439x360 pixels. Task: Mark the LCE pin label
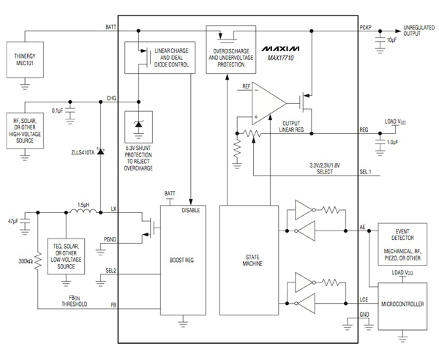coord(364,300)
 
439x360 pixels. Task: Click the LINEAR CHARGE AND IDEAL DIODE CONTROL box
coord(159,58)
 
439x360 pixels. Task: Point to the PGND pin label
coord(110,239)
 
